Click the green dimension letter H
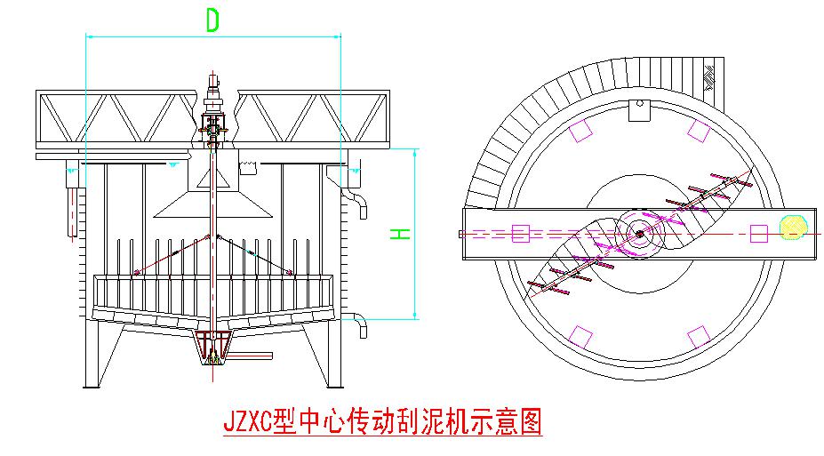click(x=401, y=233)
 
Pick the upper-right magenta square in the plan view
click(x=699, y=131)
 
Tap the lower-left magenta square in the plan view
click(x=580, y=337)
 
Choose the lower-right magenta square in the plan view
click(x=699, y=337)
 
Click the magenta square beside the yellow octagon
click(x=758, y=234)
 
